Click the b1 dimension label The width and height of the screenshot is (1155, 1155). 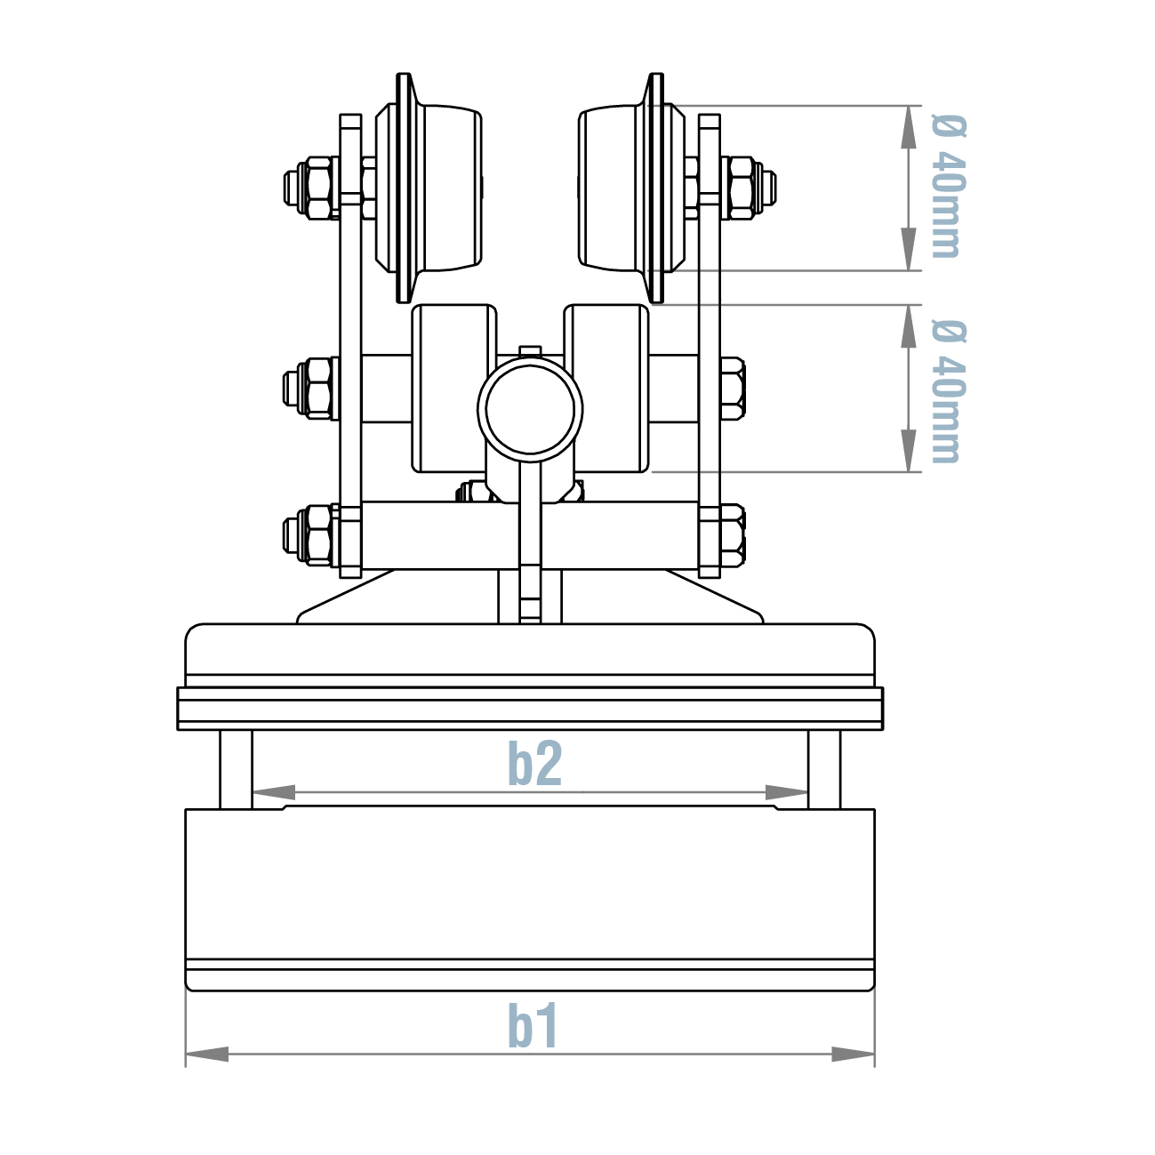[533, 1026]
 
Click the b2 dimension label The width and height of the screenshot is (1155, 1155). [534, 764]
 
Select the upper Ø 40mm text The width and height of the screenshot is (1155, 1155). [946, 187]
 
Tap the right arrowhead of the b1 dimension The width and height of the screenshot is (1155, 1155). [853, 1054]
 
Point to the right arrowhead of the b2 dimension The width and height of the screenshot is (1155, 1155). [786, 791]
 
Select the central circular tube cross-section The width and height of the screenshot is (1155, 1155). [530, 409]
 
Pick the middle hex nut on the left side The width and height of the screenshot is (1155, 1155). [311, 388]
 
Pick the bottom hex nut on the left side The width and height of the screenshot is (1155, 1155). [311, 535]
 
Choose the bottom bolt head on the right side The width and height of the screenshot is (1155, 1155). [731, 535]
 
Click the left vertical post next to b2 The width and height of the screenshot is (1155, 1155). [237, 769]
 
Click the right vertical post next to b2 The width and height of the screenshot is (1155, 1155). [823, 769]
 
